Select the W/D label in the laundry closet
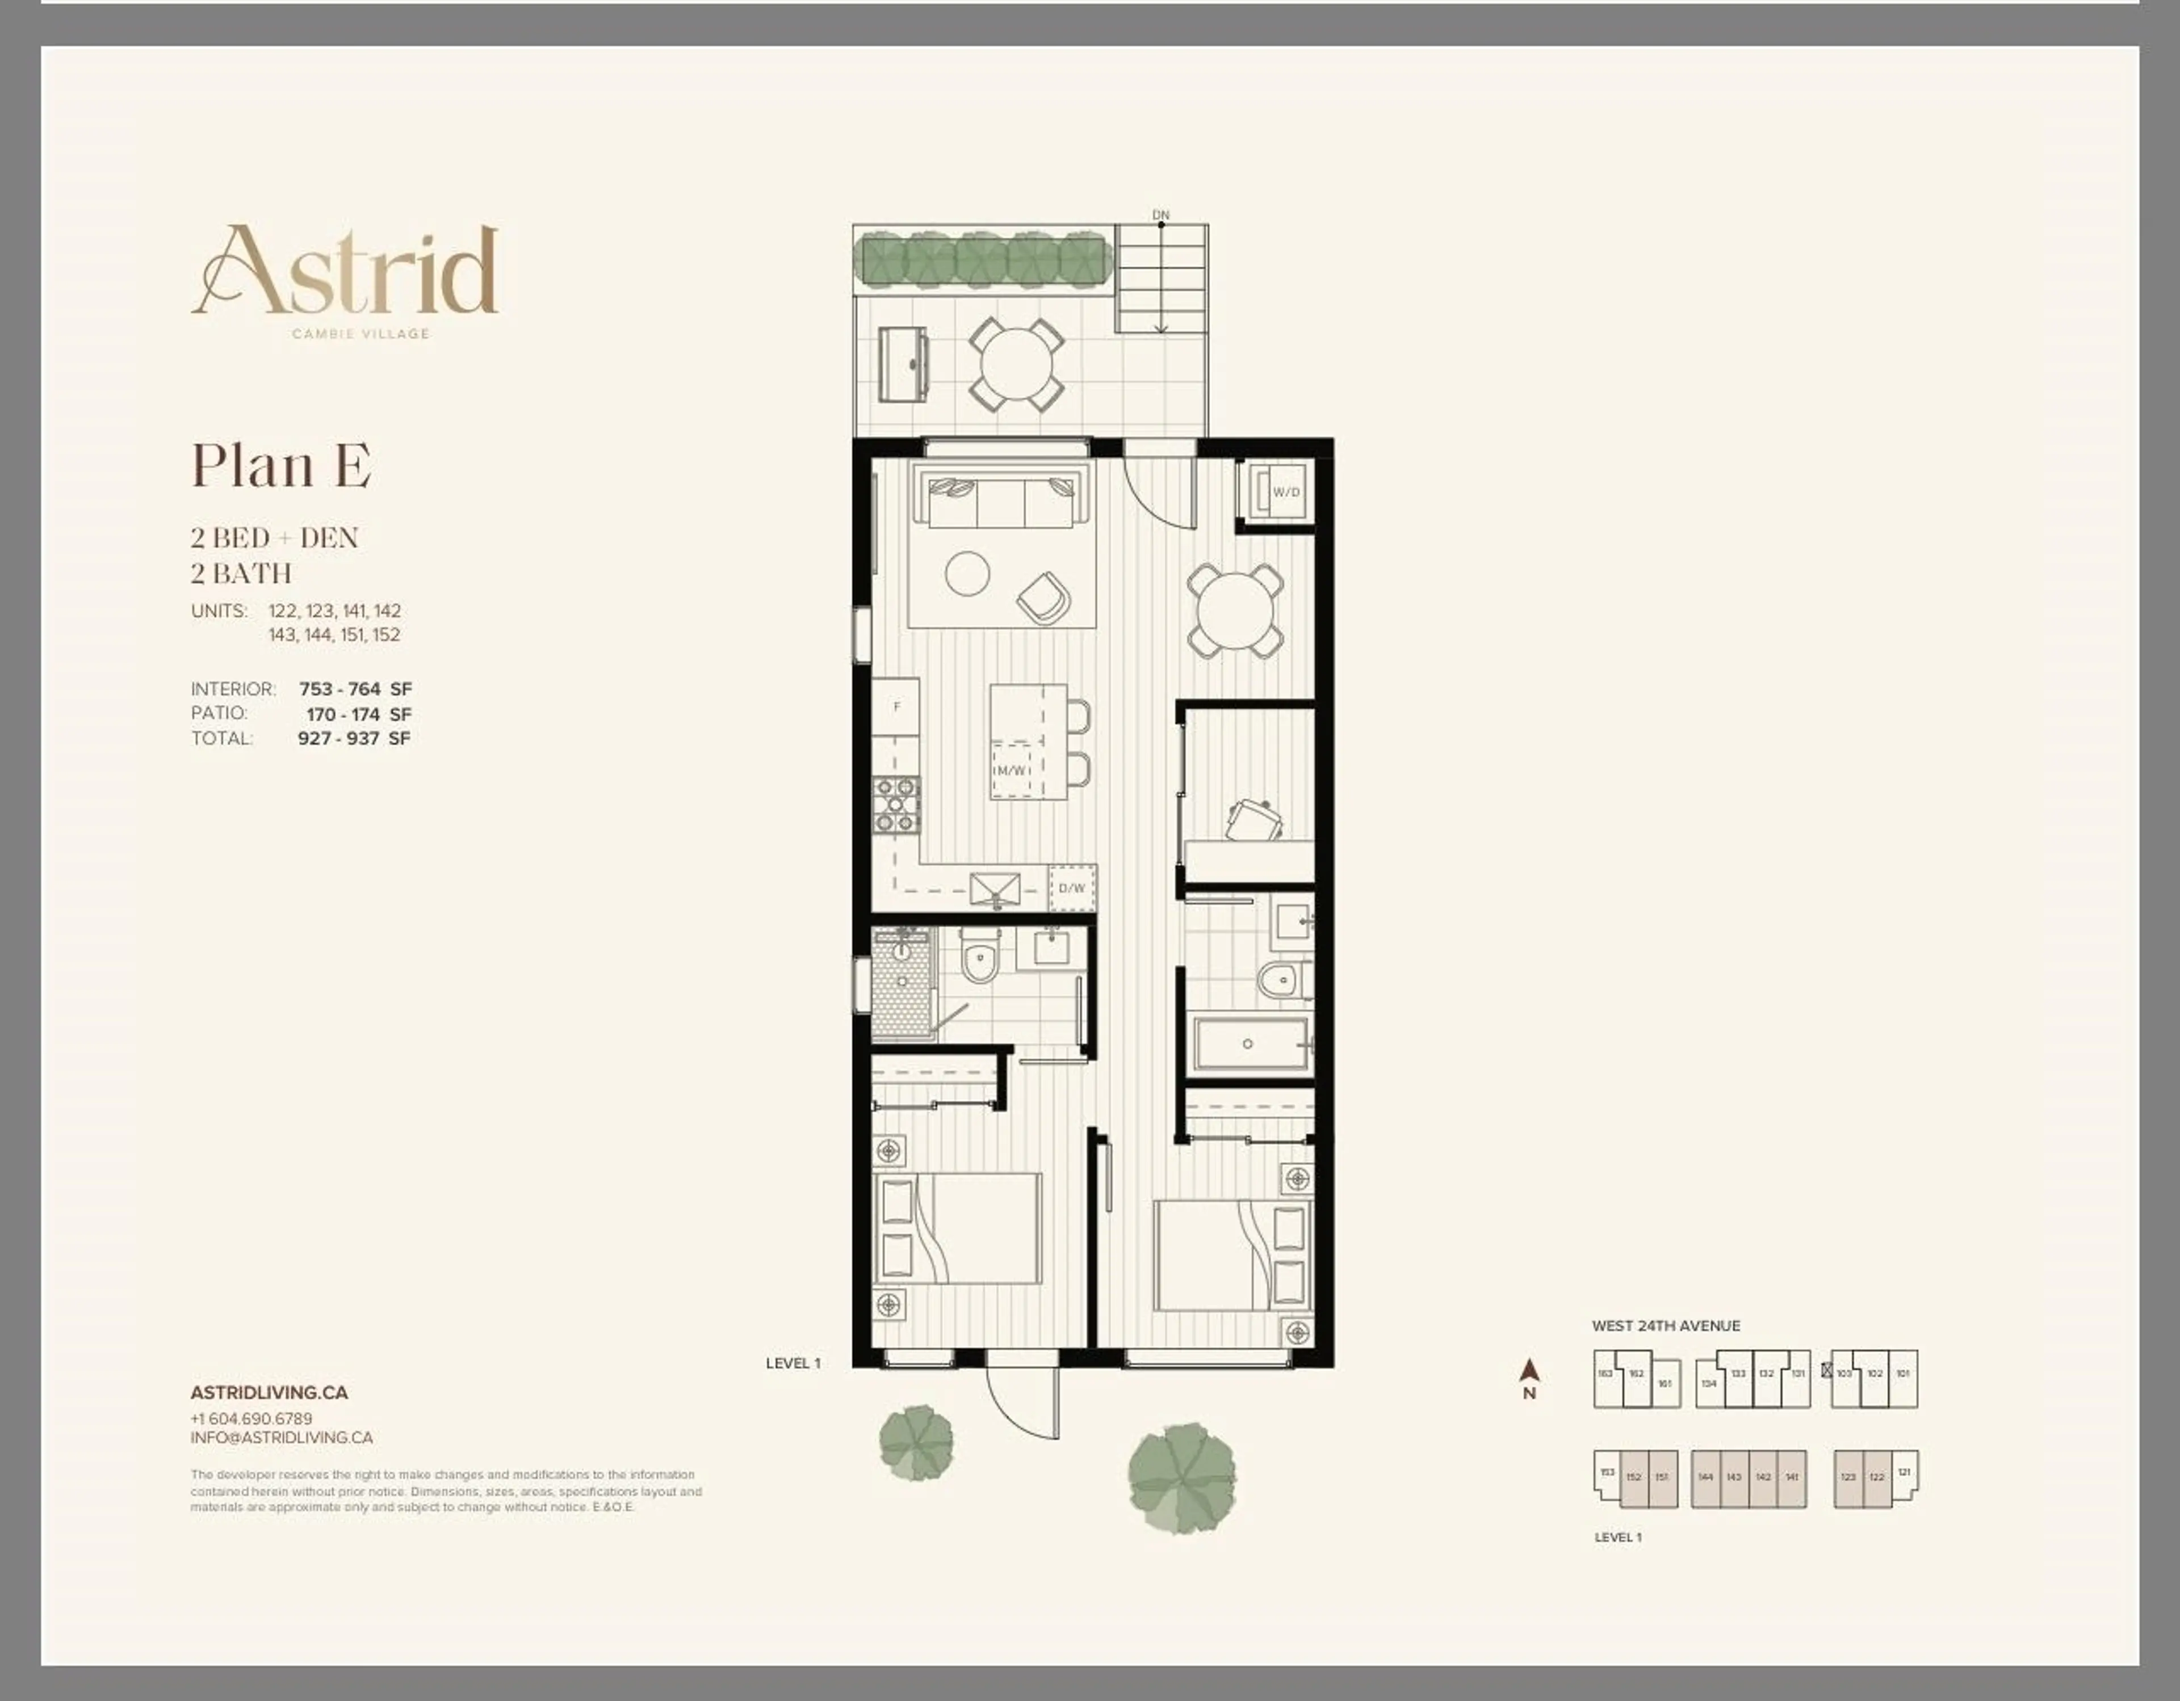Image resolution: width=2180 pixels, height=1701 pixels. (1286, 492)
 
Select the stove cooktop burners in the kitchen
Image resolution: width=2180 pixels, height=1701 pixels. (896, 805)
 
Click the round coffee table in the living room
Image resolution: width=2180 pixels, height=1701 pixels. (967, 574)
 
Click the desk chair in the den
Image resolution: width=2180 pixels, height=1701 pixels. (1253, 820)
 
